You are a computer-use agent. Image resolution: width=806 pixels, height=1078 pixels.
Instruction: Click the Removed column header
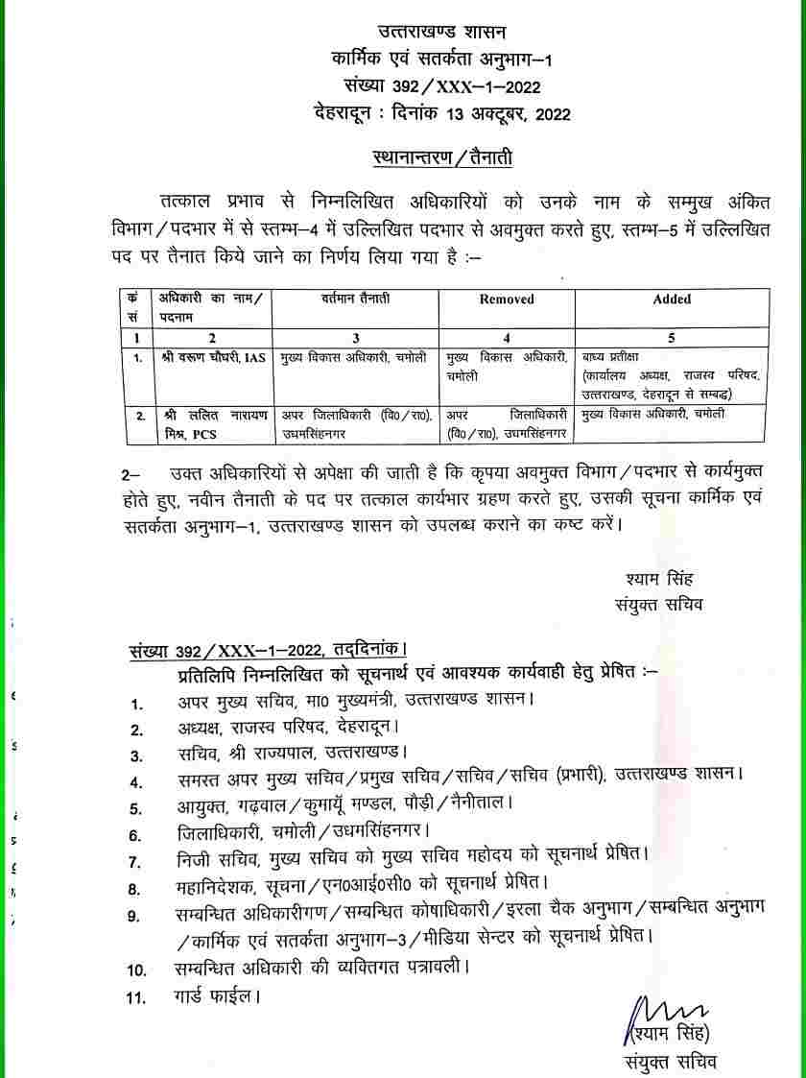tap(507, 299)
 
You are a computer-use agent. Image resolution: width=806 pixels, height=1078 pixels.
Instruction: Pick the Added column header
tap(672, 299)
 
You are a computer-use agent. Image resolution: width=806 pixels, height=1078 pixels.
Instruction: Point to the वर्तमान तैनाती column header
tap(356, 299)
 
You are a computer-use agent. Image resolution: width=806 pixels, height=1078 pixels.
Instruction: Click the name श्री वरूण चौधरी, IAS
tap(212, 358)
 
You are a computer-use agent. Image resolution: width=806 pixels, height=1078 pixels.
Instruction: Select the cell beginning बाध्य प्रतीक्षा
tap(670, 375)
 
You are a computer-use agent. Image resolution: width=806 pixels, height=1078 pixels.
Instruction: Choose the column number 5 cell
tap(671, 338)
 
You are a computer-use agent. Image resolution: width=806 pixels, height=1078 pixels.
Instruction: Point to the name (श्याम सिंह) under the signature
tap(668, 1035)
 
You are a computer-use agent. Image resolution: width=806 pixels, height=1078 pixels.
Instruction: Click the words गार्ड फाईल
tap(219, 997)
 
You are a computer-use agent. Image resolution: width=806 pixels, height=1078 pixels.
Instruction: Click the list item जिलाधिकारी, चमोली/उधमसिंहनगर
tap(303, 834)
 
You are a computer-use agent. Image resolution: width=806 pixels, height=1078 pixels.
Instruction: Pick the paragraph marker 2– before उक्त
tap(131, 475)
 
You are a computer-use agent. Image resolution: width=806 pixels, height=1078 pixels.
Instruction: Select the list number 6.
tap(136, 835)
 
